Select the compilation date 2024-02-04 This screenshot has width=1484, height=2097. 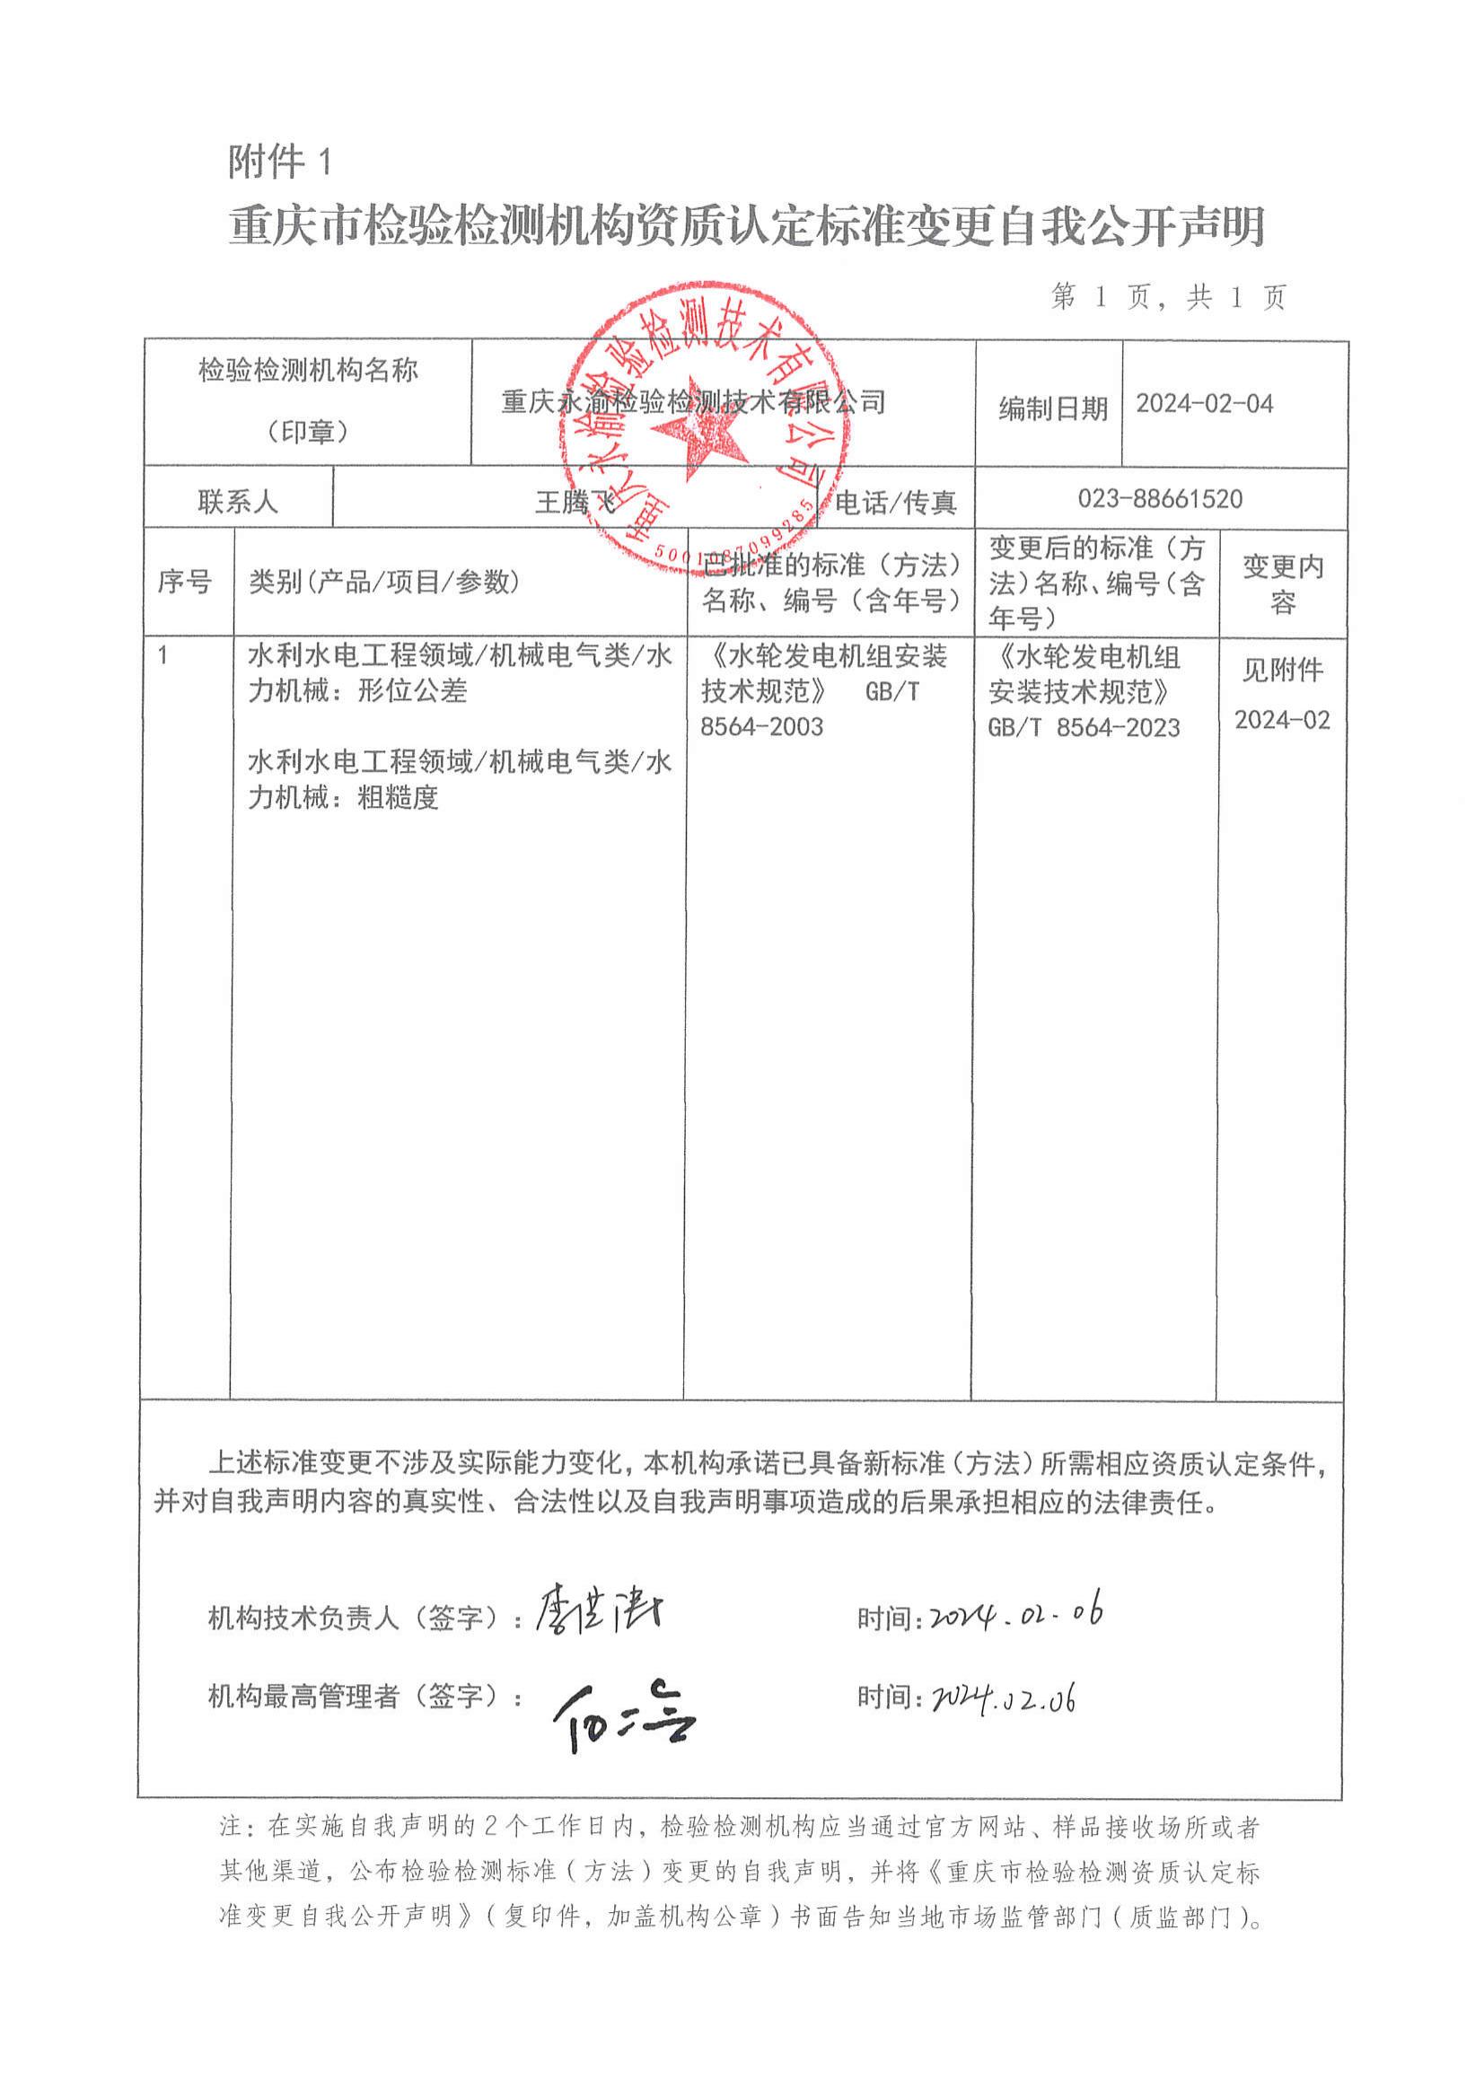(1204, 404)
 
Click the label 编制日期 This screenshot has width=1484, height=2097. (1053, 408)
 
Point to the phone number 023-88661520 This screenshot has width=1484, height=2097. (1160, 499)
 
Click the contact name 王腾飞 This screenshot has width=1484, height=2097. (574, 502)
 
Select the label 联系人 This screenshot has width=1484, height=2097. (238, 502)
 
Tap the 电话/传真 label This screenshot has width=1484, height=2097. (896, 502)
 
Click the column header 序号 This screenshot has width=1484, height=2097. (185, 581)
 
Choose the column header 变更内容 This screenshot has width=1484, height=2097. (1282, 583)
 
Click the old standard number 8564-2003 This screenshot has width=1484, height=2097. (761, 726)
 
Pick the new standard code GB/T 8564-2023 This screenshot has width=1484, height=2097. (1084, 727)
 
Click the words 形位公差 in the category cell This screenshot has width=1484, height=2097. (412, 692)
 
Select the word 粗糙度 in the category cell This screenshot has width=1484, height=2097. (399, 798)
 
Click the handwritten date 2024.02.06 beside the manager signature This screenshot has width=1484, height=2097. (1004, 1698)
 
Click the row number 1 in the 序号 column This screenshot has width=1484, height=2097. (163, 656)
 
